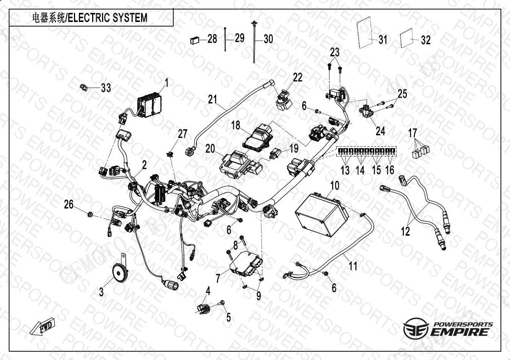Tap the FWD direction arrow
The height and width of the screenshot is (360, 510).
(43, 327)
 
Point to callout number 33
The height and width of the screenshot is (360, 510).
(106, 88)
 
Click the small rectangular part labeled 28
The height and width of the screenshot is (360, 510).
(195, 39)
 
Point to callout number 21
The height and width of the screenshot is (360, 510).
(213, 100)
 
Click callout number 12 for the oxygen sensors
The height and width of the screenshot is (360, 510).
(405, 231)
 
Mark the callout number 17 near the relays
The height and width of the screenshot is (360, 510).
(413, 133)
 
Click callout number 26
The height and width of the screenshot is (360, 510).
(69, 205)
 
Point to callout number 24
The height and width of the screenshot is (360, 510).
(380, 131)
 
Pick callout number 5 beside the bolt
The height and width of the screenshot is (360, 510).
(228, 317)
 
